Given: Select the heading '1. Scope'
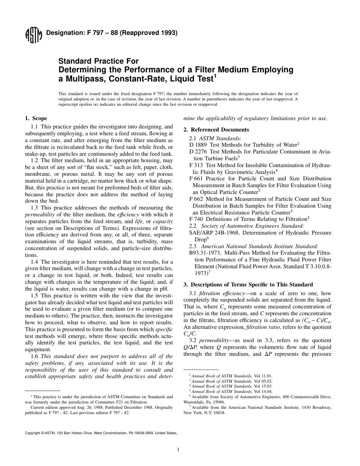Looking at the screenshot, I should point(36,119).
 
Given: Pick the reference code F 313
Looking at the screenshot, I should point(196,166).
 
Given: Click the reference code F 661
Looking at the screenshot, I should point(196,179).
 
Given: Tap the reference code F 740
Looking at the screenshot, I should point(196,219).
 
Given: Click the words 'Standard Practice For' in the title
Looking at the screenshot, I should point(98,61).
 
